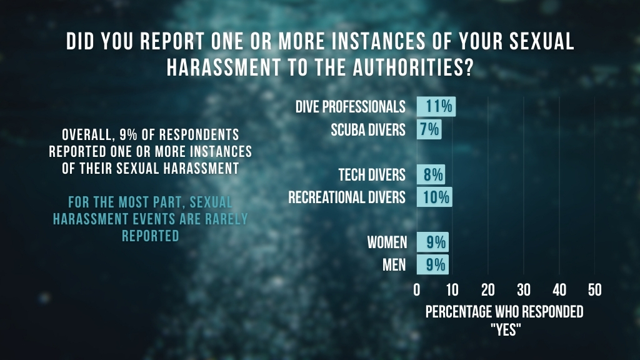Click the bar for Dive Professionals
pyautogui.click(x=436, y=107)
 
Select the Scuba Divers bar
pyautogui.click(x=429, y=130)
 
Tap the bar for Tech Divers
pyautogui.click(x=431, y=174)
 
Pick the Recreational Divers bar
pyautogui.click(x=434, y=197)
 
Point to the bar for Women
pyautogui.click(x=432, y=242)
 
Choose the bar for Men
pyautogui.click(x=432, y=265)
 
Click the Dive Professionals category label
pyautogui.click(x=350, y=107)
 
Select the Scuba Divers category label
pyautogui.click(x=368, y=130)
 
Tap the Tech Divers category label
pyautogui.click(x=372, y=174)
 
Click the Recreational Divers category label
pyautogui.click(x=347, y=197)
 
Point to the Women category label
pyautogui.click(x=387, y=242)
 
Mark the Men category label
pyautogui.click(x=394, y=265)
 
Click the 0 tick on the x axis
pyautogui.click(x=417, y=290)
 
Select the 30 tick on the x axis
pyautogui.click(x=524, y=290)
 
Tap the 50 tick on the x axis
pyautogui.click(x=595, y=290)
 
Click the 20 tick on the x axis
pyautogui.click(x=488, y=290)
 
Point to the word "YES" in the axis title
pyautogui.click(x=504, y=329)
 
